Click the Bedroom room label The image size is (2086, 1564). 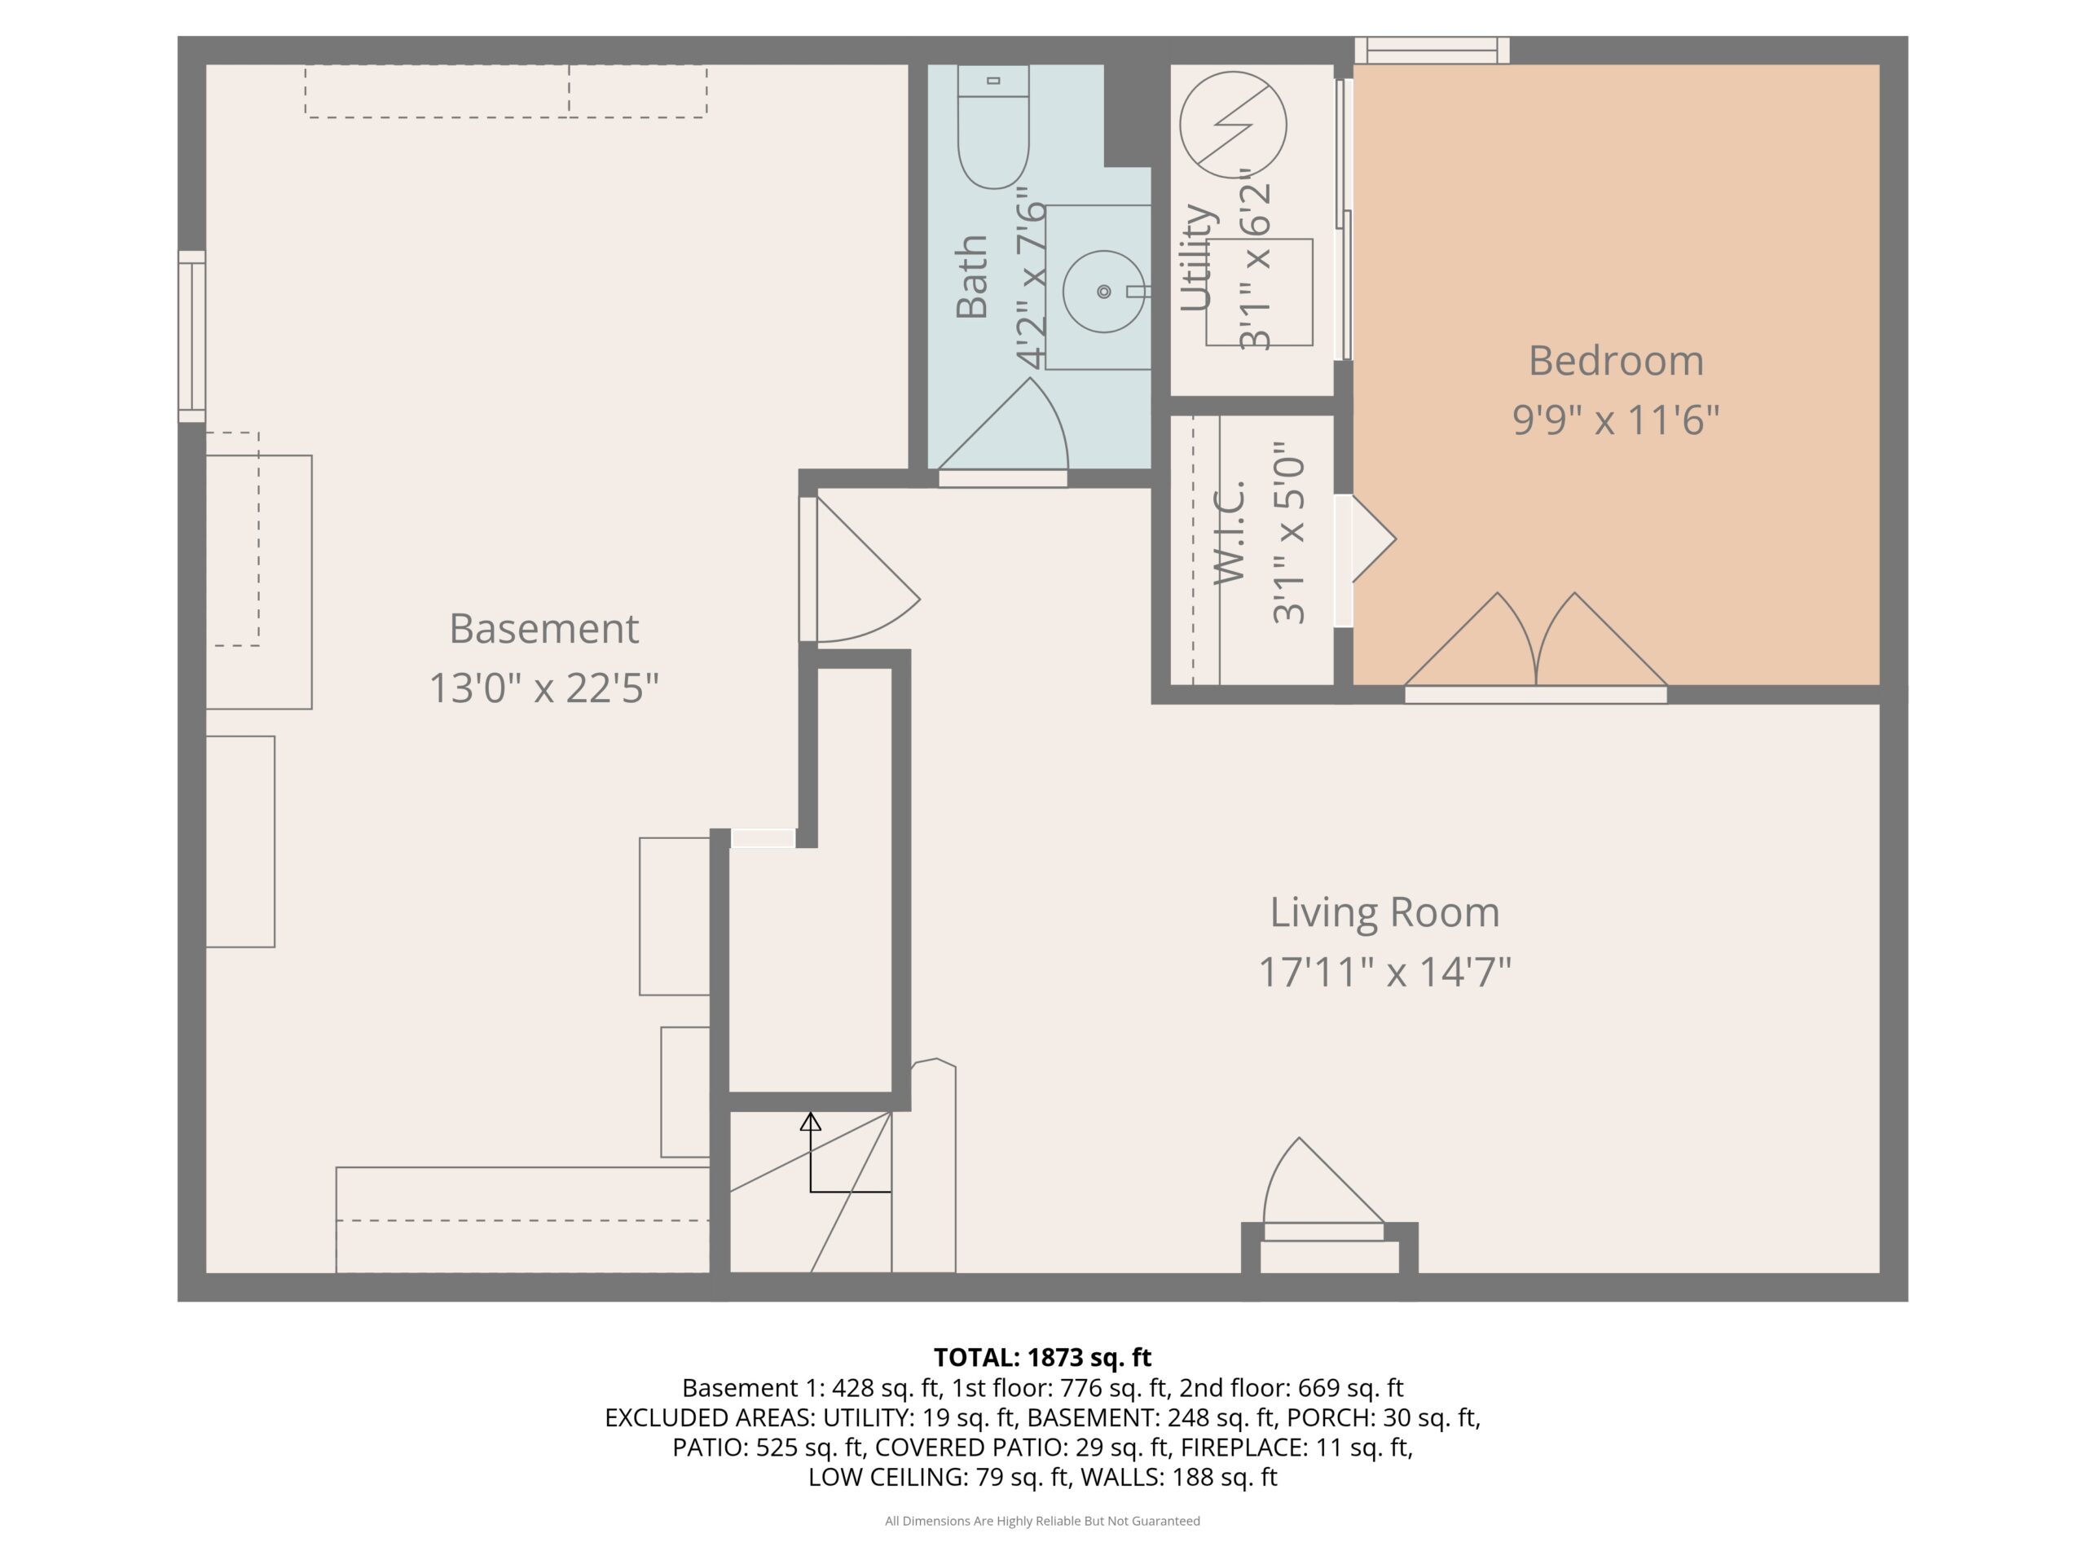point(1615,361)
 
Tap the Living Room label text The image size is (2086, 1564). point(1384,912)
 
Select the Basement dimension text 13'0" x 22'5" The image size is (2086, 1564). point(544,688)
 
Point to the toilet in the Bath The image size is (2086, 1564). point(993,126)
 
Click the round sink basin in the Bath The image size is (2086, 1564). point(1103,292)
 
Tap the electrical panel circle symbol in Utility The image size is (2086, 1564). point(1233,125)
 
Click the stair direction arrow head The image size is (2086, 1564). point(810,1122)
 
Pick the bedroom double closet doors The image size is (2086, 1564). point(1536,642)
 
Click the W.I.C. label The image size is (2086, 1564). point(1230,533)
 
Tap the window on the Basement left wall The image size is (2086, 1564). point(192,336)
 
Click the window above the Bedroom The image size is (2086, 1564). point(1432,51)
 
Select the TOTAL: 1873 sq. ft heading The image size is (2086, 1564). point(1042,1358)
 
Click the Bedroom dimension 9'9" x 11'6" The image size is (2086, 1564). point(1615,420)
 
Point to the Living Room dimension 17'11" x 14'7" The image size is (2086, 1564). point(1384,972)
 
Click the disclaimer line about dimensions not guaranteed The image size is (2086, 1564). point(1042,1521)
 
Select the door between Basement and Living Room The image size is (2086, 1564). point(859,569)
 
